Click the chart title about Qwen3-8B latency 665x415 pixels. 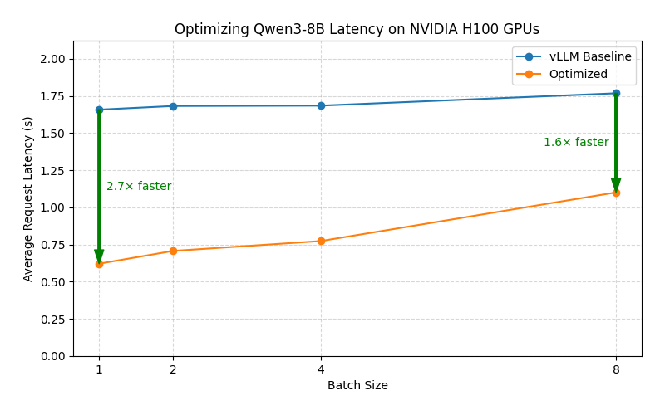point(357,29)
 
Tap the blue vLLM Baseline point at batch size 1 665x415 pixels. point(99,110)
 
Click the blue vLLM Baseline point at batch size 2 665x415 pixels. point(173,106)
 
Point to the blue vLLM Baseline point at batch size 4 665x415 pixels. point(321,105)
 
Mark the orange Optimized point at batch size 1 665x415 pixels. point(99,264)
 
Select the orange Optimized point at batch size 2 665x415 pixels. point(173,251)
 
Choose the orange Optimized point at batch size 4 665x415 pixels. point(321,242)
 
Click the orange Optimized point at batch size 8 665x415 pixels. point(616,193)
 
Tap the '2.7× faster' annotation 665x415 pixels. point(139,187)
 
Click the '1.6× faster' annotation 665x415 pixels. point(576,143)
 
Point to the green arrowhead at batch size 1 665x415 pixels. point(99,256)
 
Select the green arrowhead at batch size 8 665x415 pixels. point(616,184)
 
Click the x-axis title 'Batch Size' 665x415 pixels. point(357,386)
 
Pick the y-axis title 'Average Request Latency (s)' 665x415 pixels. point(28,199)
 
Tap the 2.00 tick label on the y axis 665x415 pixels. point(54,60)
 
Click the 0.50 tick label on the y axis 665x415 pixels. point(54,282)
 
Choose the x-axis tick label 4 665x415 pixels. point(321,369)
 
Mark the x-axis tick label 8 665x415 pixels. point(616,369)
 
